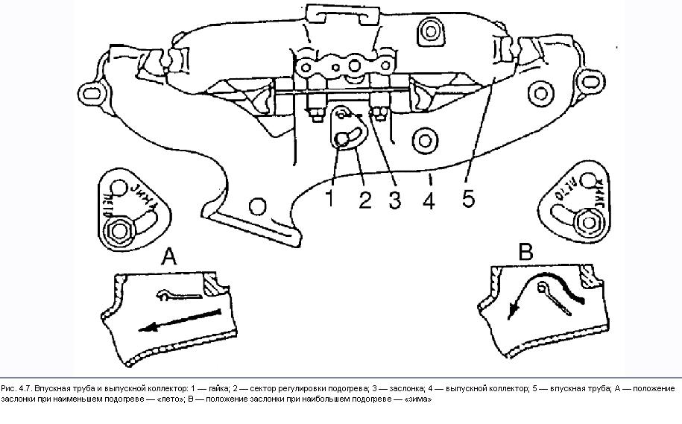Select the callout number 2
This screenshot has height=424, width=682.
364,200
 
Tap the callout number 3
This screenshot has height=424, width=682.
396,200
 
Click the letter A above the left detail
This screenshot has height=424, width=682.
170,258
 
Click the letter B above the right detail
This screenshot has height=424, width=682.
526,253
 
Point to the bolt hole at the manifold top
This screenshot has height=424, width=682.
429,31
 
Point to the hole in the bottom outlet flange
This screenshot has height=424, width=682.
258,206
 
